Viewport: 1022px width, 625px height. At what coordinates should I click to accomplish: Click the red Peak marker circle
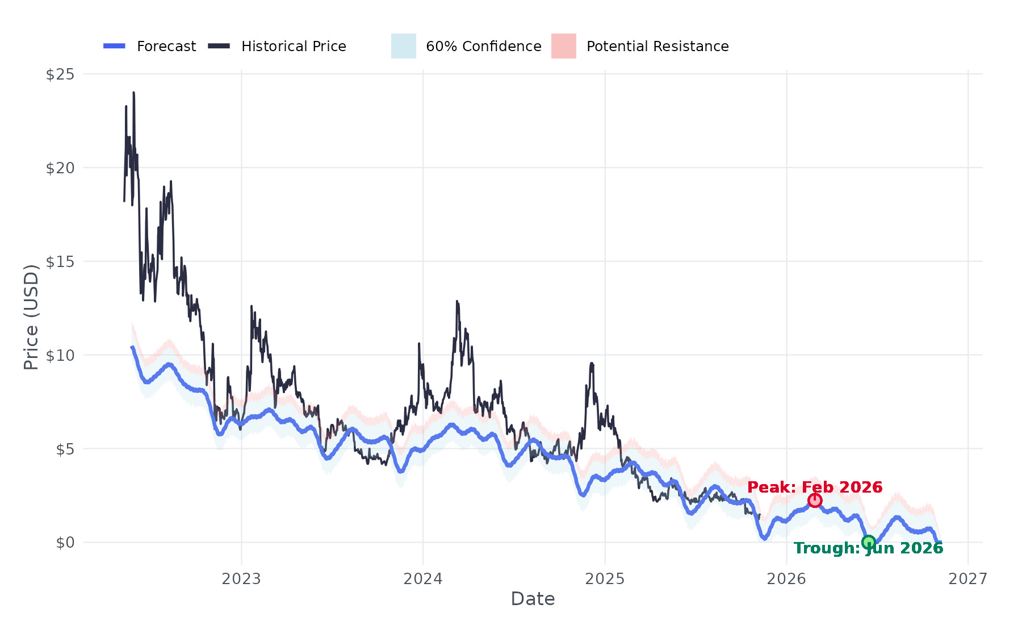point(815,501)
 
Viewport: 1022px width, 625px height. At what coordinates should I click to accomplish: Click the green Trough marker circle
point(869,542)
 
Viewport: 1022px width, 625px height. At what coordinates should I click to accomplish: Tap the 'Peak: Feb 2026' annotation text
point(815,488)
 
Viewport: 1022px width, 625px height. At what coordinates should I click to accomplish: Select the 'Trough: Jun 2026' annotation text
point(868,548)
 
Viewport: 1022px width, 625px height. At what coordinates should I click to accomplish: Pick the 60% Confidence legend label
point(483,47)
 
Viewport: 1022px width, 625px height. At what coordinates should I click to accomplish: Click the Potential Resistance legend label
point(657,47)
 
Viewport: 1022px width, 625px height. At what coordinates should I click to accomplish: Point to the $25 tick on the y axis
point(60,74)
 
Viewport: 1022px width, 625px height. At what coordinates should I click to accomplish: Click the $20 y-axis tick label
point(60,168)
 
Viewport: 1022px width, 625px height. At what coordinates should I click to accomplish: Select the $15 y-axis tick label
point(60,262)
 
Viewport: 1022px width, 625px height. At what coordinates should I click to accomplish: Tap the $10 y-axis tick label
point(60,356)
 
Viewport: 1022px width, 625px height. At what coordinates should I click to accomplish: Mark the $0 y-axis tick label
point(65,543)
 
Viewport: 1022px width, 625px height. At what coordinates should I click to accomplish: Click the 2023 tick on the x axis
point(241,579)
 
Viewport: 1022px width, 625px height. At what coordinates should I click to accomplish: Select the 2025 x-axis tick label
point(605,579)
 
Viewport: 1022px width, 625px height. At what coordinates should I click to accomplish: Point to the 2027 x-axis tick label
point(968,579)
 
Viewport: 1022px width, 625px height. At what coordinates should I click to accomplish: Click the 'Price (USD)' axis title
point(31,317)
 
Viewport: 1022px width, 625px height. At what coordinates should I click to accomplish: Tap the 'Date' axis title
point(533,599)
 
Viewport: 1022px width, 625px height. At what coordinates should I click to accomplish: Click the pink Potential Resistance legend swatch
point(563,46)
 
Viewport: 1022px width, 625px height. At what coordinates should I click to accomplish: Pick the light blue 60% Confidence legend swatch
point(403,46)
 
